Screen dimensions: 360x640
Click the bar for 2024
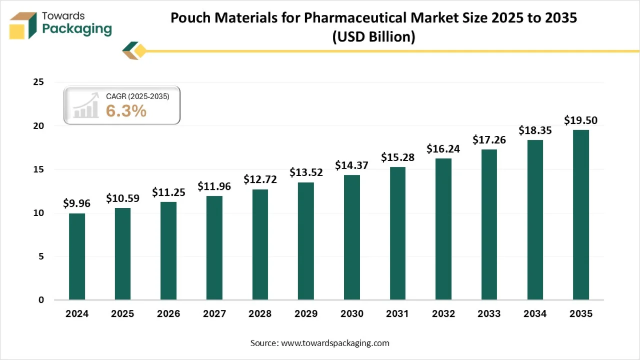(x=77, y=257)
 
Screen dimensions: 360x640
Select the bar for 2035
(x=581, y=214)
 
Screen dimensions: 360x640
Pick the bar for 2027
(x=214, y=247)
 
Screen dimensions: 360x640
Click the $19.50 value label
(x=581, y=121)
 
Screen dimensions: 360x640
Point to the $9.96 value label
(x=77, y=203)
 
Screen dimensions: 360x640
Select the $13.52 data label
(x=306, y=172)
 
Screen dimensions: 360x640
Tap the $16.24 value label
(x=443, y=149)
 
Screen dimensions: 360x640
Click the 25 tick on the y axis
(x=38, y=83)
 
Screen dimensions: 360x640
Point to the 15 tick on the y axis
(x=38, y=170)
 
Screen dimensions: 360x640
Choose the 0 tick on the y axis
(x=41, y=300)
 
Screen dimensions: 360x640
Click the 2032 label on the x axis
(x=443, y=314)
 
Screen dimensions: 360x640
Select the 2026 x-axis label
(x=169, y=314)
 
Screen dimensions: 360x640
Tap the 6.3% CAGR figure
(x=126, y=111)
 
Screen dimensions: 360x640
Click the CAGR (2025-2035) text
(x=138, y=97)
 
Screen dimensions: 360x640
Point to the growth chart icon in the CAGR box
(x=86, y=106)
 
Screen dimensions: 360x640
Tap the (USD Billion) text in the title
(x=373, y=37)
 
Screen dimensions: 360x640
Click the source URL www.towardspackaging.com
(x=335, y=343)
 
